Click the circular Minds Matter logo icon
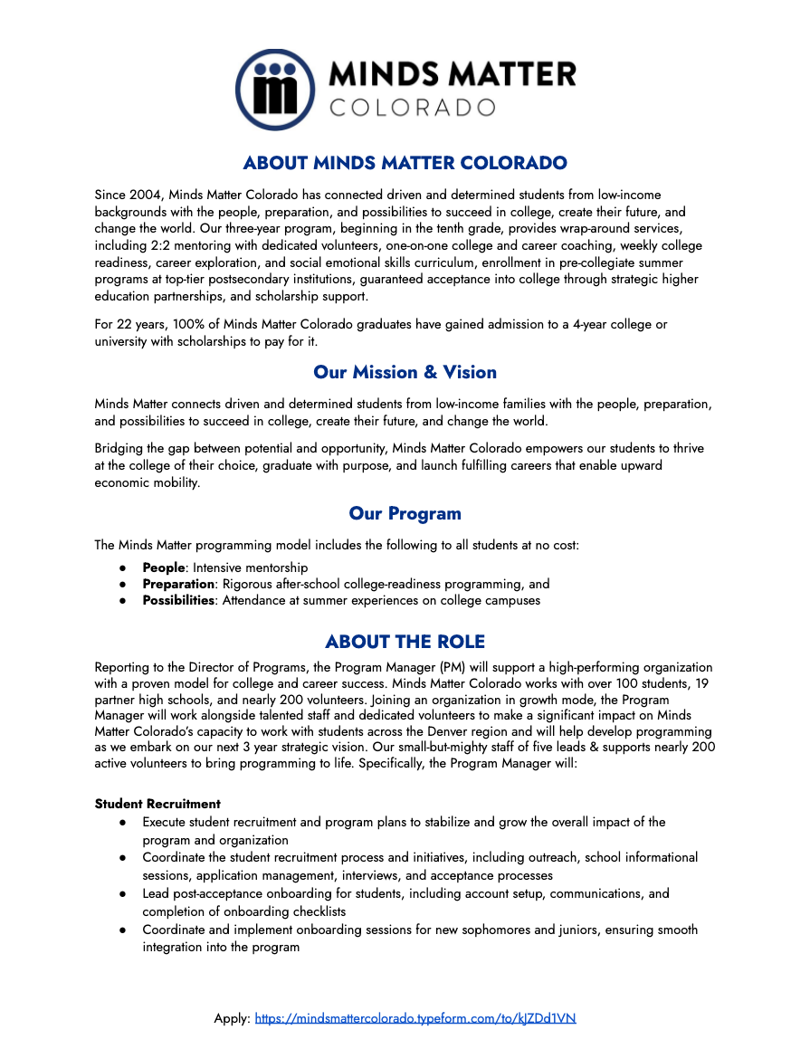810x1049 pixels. (274, 90)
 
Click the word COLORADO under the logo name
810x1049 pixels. (412, 108)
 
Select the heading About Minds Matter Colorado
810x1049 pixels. (405, 164)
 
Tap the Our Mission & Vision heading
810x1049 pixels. (405, 372)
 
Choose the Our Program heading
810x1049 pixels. (405, 513)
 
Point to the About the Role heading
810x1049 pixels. (405, 642)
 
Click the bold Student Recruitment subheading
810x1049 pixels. (157, 804)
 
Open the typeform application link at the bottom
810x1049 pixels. (415, 1018)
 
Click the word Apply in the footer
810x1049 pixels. (231, 1018)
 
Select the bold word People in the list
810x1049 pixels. (164, 567)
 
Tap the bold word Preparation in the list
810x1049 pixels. (178, 584)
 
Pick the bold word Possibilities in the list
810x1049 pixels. (178, 600)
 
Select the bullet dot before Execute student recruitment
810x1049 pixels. (122, 822)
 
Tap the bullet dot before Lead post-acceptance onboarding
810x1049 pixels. (122, 893)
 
